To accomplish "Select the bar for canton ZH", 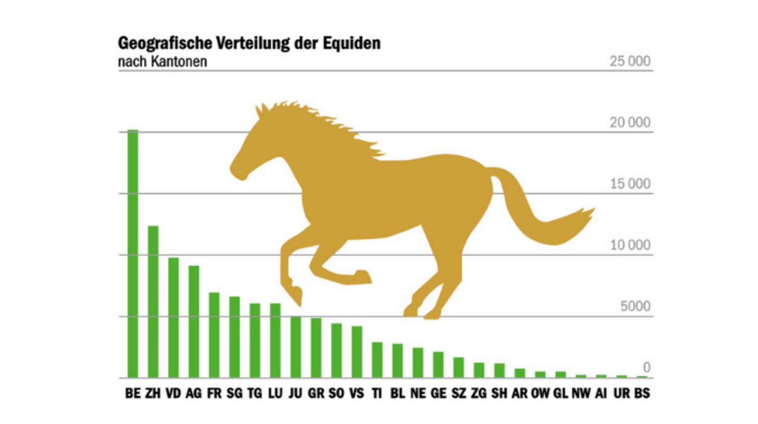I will click(153, 302).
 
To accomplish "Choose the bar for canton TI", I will click(377, 360).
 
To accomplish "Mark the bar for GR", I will click(316, 348).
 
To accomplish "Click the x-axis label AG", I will click(193, 394).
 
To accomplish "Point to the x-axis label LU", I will click(275, 394).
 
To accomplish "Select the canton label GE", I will click(438, 394).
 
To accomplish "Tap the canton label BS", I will click(642, 394).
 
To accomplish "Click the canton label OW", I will click(540, 394).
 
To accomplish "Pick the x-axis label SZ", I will click(459, 394).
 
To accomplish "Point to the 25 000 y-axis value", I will click(630, 61).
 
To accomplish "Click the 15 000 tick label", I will click(630, 184).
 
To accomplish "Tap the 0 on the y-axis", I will click(646, 368).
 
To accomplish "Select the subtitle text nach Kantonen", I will click(162, 61).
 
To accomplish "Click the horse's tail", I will click(547, 217).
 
